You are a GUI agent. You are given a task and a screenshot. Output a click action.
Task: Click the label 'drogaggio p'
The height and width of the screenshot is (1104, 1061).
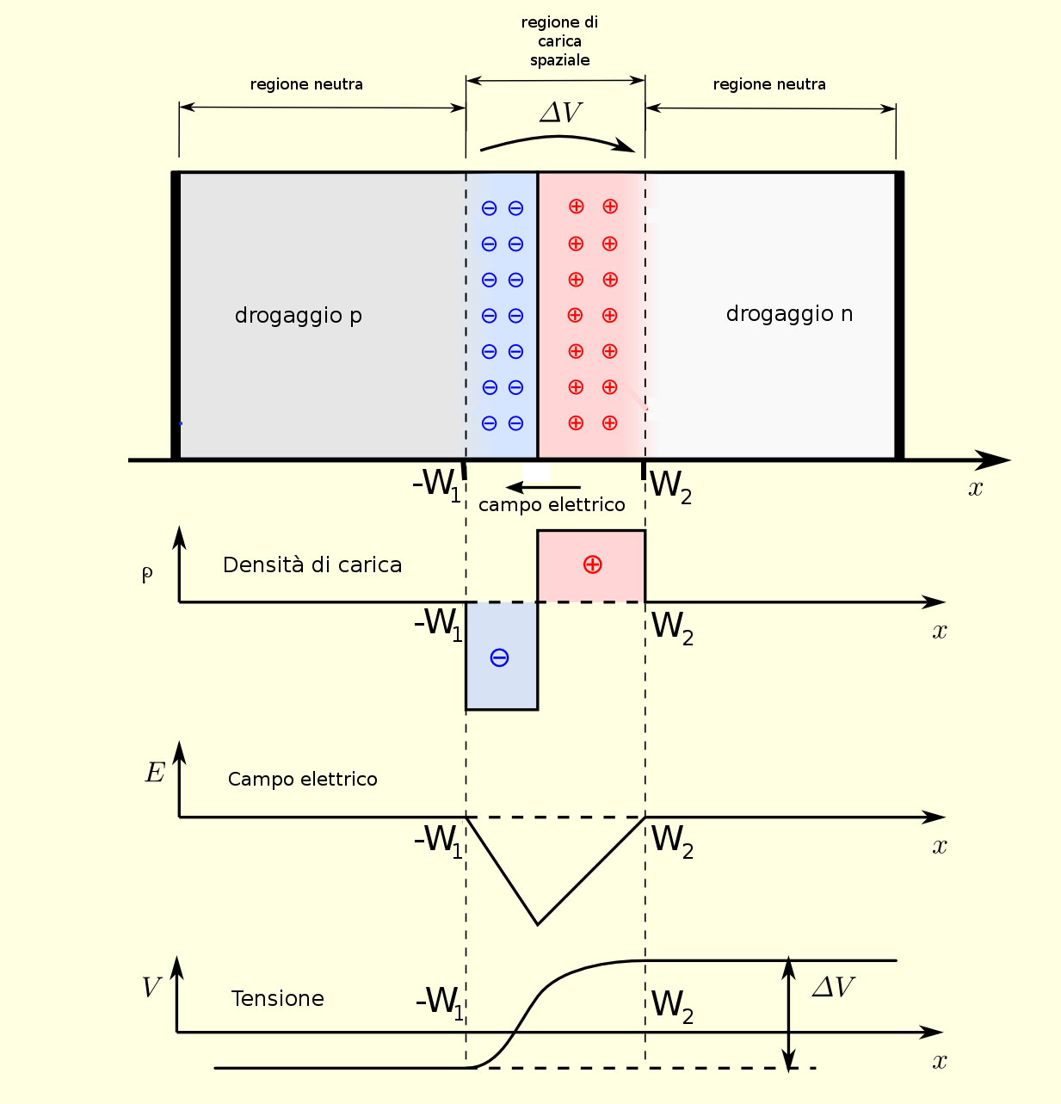click(x=298, y=316)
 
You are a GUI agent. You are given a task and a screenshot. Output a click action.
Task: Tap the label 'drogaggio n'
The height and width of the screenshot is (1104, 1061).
click(x=789, y=314)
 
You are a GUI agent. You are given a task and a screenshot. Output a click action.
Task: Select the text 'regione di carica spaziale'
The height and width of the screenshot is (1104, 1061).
click(x=559, y=41)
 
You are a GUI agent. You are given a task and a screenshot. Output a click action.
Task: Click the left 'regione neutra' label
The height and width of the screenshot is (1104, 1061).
click(x=306, y=84)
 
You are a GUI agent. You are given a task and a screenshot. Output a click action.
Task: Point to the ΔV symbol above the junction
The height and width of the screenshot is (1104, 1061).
click(x=560, y=113)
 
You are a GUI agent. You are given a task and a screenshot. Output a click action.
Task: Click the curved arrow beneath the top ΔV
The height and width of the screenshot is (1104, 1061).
click(x=558, y=140)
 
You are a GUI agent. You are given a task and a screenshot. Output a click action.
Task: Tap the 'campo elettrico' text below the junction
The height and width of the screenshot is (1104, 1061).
click(x=552, y=505)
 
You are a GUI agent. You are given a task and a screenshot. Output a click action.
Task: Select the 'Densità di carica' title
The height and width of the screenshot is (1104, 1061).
click(x=312, y=565)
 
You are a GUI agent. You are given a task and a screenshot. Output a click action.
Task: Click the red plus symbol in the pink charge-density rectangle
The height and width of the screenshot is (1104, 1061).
click(x=592, y=564)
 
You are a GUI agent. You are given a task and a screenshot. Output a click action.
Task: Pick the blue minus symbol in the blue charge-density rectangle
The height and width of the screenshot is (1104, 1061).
click(x=499, y=658)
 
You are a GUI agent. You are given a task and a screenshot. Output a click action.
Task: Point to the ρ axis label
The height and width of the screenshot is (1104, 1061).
click(x=147, y=573)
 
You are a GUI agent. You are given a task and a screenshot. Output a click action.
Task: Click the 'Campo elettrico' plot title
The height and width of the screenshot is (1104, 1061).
click(x=302, y=780)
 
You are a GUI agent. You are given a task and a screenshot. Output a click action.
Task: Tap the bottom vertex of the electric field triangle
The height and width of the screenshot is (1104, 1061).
click(x=538, y=924)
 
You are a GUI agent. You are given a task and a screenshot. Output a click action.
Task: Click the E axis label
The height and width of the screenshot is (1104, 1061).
click(x=155, y=773)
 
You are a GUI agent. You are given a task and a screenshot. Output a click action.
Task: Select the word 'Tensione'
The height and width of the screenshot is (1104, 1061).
click(x=278, y=999)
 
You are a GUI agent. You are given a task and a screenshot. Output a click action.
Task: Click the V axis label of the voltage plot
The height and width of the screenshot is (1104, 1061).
click(x=151, y=987)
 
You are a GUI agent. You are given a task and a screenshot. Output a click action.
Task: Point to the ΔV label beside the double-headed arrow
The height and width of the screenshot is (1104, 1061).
click(x=832, y=987)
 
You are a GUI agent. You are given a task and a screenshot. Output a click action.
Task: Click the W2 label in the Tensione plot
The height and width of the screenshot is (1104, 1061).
click(x=672, y=1005)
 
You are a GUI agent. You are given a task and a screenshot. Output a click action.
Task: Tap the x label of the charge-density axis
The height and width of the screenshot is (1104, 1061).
click(x=940, y=632)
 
